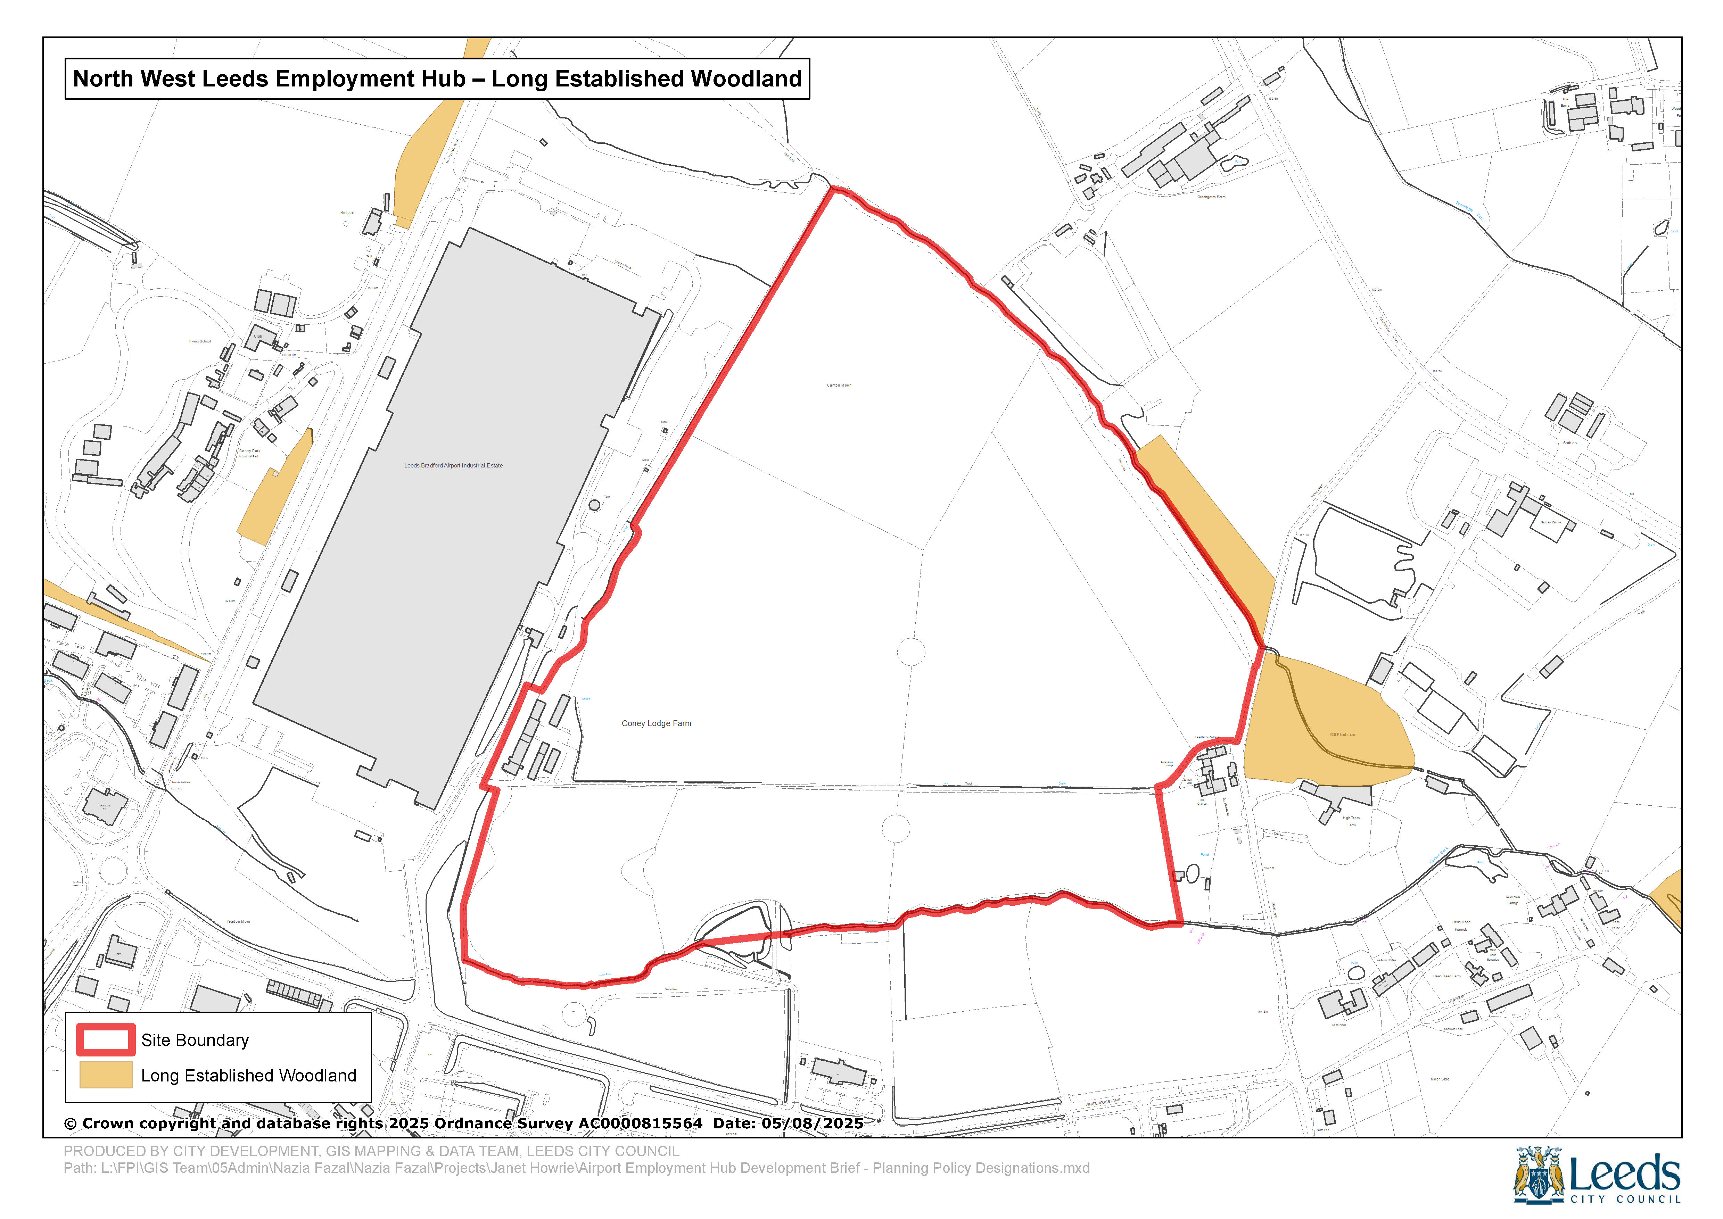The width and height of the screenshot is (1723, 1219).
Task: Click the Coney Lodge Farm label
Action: click(656, 724)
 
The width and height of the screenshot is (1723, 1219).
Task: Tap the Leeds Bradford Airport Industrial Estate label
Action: click(453, 465)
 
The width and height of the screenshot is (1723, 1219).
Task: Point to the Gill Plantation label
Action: click(1342, 735)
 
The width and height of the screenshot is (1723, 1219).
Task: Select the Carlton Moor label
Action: click(839, 385)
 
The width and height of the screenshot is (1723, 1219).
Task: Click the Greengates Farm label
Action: click(1211, 197)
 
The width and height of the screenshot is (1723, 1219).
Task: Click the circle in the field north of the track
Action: click(911, 652)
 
